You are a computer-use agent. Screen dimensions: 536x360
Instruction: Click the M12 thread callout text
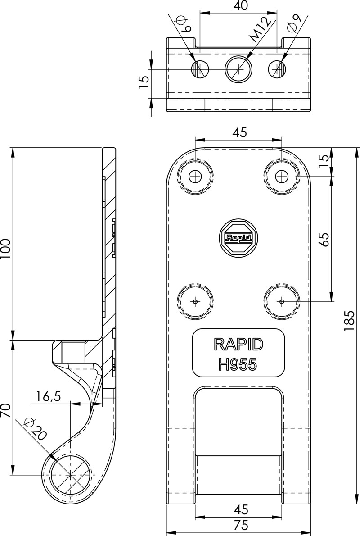tap(261, 31)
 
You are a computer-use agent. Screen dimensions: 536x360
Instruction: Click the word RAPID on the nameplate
tap(238, 344)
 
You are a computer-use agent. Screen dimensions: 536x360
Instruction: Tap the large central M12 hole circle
tap(238, 70)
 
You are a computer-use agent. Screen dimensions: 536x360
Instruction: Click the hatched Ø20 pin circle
tap(70, 475)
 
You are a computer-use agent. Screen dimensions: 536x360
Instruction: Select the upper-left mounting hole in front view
tap(195, 176)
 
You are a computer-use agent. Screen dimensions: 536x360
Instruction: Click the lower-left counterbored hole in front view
tap(195, 301)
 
